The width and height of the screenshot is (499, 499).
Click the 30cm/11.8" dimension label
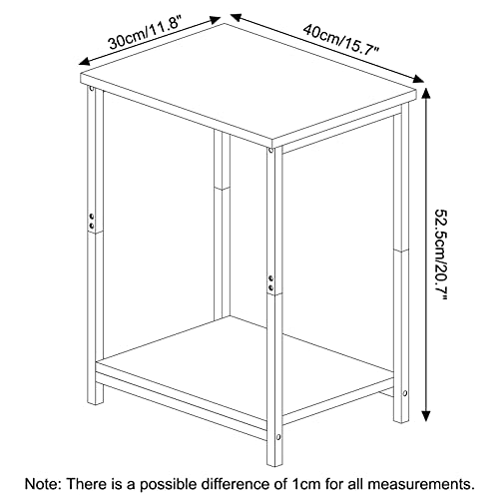pos(145,34)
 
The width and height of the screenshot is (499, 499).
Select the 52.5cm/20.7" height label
pos(442,254)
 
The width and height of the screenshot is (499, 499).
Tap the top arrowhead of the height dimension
pos(426,93)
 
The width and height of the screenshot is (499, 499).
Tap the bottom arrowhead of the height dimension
pos(426,416)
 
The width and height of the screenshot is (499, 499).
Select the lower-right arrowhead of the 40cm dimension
pos(417,79)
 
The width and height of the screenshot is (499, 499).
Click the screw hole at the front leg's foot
pos(278,436)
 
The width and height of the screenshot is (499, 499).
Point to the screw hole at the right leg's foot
pos(405,393)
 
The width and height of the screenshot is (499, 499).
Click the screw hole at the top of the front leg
pos(270,151)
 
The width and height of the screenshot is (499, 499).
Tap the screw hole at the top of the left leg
pos(91,89)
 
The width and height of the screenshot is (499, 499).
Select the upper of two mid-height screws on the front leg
pos(270,277)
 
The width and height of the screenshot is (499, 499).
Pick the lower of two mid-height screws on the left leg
pos(91,226)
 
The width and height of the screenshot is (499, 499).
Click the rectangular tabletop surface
pos(249,85)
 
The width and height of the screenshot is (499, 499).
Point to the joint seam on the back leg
pos(222,189)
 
